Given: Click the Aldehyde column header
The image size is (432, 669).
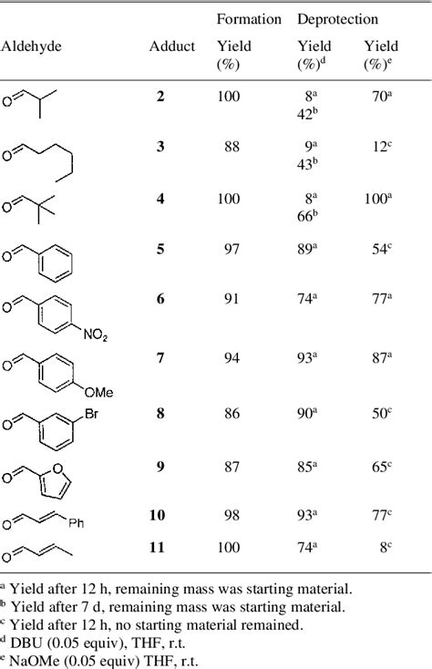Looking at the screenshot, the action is tap(31, 46).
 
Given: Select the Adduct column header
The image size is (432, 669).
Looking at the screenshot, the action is tap(172, 46).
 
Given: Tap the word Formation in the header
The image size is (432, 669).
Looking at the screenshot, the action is tap(249, 19).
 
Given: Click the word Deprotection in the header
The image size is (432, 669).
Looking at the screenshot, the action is tap(338, 20).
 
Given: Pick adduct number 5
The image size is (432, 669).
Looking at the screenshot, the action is tap(160, 249).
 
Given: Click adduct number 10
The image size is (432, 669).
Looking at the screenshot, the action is tap(158, 515).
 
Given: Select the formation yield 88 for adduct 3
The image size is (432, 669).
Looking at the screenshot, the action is tap(232, 147).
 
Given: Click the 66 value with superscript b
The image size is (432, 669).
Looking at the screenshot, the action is tap(307, 216).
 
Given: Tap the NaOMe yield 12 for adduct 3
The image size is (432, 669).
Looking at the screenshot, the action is tap(382, 147).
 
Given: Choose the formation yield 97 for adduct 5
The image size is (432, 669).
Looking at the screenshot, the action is tap(232, 249).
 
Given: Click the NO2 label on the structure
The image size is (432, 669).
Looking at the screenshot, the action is tap(95, 334).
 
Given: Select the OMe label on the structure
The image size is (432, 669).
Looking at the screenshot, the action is tap(99, 392).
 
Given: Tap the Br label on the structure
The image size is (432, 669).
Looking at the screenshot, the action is tap(91, 413).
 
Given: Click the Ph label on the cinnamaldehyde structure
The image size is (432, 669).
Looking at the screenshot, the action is tap(76, 522).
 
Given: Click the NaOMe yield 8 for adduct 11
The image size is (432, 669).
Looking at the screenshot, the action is tap(386, 547).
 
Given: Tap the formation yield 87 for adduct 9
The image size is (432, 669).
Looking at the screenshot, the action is tap(232, 467).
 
